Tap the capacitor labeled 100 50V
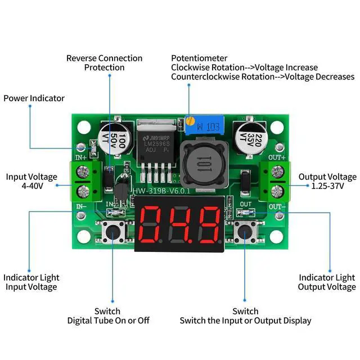coord(110,137)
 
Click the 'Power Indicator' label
coord(34,98)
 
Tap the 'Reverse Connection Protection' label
coord(104,62)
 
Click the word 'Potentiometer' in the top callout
coord(199,58)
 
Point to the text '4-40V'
coord(31,185)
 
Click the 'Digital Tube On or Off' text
coord(109,320)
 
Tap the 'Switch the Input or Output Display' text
coord(245,320)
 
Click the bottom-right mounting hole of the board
coord(276,236)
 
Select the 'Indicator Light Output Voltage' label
coord(327,282)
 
